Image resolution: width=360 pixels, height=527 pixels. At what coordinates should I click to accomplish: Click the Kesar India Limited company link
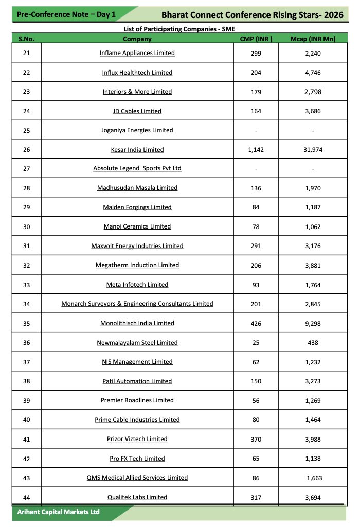[137, 150]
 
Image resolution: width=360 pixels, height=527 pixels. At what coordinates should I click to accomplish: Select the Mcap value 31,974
[313, 150]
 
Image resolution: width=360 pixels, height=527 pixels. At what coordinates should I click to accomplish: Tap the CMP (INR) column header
[256, 39]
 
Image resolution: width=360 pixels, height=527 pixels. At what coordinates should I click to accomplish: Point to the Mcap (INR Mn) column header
[313, 39]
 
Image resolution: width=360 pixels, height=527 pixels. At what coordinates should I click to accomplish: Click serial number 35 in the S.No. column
[27, 323]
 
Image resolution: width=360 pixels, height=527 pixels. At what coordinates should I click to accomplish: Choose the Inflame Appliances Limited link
[137, 53]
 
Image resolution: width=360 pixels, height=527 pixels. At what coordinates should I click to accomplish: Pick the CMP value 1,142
[256, 150]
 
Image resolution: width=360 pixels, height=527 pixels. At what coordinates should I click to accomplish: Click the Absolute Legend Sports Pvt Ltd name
[137, 169]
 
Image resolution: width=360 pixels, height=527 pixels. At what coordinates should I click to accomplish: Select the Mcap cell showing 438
[313, 343]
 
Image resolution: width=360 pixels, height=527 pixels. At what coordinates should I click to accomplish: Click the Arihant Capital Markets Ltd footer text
[59, 512]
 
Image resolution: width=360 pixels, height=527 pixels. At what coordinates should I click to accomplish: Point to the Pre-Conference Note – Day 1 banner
[66, 14]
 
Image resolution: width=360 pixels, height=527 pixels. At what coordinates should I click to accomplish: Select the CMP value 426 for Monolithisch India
[256, 323]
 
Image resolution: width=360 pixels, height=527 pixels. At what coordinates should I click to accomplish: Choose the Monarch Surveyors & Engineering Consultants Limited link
[137, 304]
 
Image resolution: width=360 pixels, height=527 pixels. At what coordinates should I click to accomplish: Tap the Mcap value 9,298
[313, 323]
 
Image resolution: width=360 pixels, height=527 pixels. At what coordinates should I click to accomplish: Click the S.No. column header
[27, 39]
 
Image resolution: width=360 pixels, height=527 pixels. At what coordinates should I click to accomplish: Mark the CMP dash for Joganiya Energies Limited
[256, 131]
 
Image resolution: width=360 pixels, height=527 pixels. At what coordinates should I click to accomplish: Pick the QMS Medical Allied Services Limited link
[137, 478]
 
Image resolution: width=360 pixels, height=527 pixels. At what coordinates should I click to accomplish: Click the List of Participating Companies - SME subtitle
[179, 29]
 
